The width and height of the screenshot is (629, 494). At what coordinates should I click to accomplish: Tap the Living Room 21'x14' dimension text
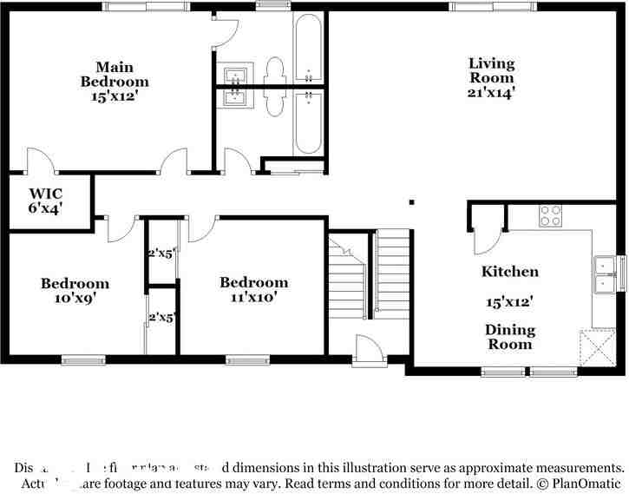point(492,91)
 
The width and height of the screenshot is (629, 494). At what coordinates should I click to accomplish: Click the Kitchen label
point(510,272)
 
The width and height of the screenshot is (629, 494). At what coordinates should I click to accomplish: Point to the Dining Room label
point(510,337)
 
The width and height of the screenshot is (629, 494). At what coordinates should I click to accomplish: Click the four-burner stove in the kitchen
point(550,215)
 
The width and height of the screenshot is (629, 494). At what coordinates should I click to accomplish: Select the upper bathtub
point(309,49)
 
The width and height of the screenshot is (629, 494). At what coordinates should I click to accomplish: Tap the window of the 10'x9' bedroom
point(83,359)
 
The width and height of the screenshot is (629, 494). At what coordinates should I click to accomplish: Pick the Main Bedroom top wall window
point(146,6)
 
